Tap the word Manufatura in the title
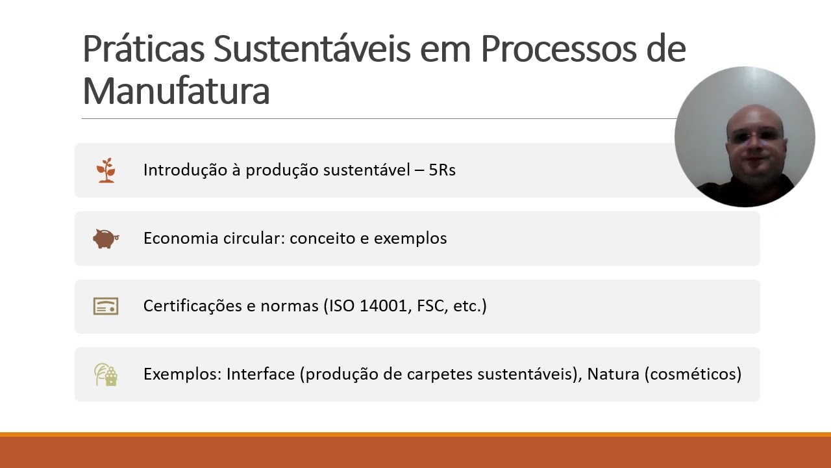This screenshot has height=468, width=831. pyautogui.click(x=176, y=91)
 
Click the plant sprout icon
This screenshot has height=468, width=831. pyautogui.click(x=106, y=170)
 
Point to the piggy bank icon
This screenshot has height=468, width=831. pyautogui.click(x=106, y=239)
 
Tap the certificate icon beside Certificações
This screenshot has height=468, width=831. pyautogui.click(x=106, y=306)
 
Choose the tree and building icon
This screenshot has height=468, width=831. pyautogui.click(x=106, y=374)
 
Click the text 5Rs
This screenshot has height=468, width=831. pyautogui.click(x=442, y=170)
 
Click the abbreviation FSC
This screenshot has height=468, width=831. pyautogui.click(x=430, y=305)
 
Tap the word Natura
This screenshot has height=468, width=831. pyautogui.click(x=613, y=374)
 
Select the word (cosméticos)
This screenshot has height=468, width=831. pyautogui.click(x=693, y=374)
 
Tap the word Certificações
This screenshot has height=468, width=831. pyautogui.click(x=193, y=305)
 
